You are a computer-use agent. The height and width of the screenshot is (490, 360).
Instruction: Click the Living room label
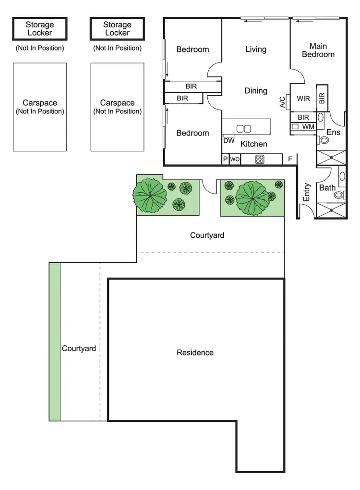click(x=255, y=49)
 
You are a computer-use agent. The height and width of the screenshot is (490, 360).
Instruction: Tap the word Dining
click(x=255, y=91)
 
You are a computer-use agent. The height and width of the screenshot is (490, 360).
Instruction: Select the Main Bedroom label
click(x=318, y=50)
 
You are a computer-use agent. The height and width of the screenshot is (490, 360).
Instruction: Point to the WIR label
click(x=303, y=99)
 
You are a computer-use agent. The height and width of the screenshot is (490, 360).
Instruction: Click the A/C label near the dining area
click(x=282, y=102)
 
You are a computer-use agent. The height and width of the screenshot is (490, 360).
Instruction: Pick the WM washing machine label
click(x=308, y=127)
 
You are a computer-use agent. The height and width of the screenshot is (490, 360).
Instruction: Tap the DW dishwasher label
click(x=228, y=141)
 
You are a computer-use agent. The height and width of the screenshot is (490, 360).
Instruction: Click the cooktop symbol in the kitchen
click(x=260, y=159)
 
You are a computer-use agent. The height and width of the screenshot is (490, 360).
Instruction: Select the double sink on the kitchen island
click(x=244, y=128)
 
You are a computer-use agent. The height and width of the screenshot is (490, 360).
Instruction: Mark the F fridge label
click(x=290, y=159)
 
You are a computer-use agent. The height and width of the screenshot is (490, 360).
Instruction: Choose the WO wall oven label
click(x=235, y=159)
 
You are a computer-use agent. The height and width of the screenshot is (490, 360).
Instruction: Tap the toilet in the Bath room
click(x=339, y=195)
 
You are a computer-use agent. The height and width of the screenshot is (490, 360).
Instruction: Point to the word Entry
click(x=307, y=192)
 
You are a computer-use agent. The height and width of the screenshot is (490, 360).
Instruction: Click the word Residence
click(x=195, y=353)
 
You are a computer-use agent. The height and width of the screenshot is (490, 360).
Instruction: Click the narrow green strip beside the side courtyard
click(x=55, y=342)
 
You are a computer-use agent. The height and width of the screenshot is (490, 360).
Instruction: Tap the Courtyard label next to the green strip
click(x=79, y=348)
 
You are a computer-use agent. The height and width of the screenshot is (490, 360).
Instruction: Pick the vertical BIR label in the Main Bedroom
click(x=322, y=98)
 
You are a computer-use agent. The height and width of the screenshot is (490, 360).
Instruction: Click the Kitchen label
click(x=253, y=144)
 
